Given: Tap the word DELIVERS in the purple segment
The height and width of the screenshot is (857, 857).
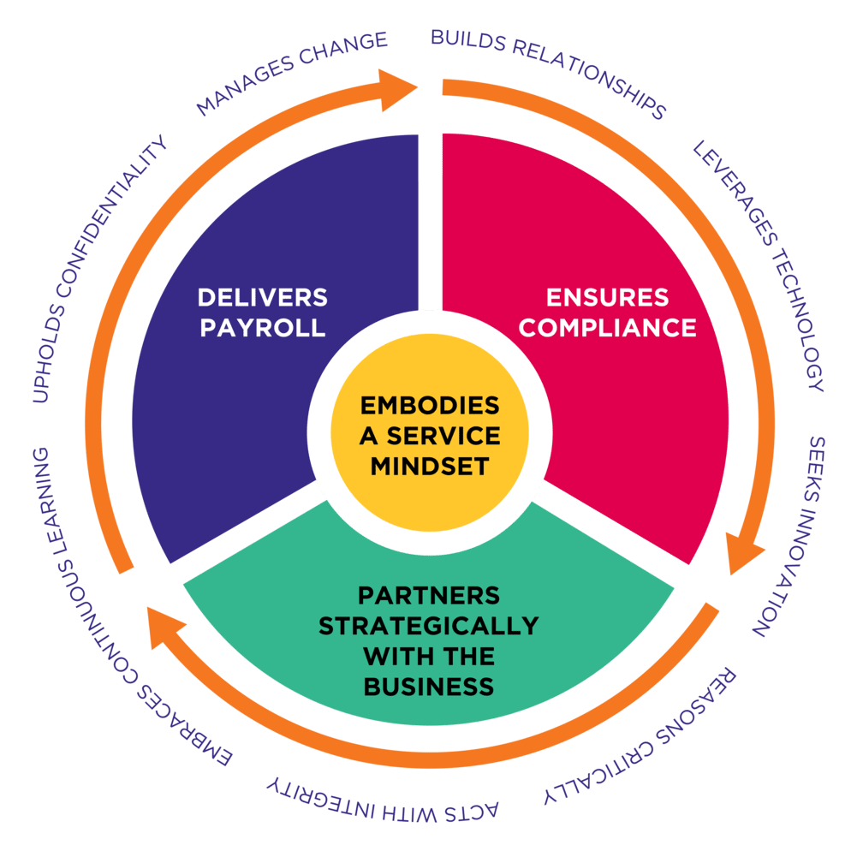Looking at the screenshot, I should click(x=262, y=297).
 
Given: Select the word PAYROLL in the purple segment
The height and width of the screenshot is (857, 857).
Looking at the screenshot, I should click(x=262, y=327).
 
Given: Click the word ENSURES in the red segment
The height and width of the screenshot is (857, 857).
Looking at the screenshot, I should click(x=607, y=297).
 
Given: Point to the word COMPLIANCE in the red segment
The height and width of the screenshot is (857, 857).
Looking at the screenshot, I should click(x=607, y=327).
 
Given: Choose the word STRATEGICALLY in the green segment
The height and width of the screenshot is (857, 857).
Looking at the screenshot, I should click(x=428, y=625).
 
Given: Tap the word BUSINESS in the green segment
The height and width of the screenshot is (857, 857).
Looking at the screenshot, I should click(x=428, y=686).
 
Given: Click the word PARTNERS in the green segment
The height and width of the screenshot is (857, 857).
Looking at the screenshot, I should click(x=428, y=594).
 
